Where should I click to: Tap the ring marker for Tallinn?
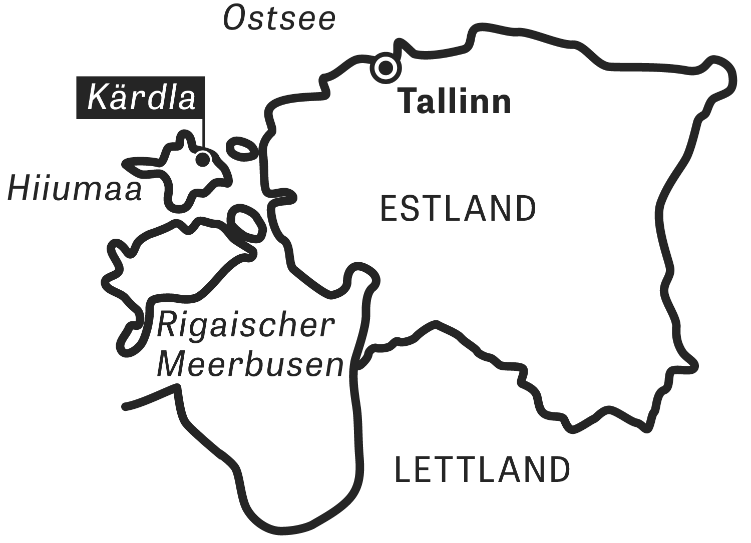(x=386, y=68)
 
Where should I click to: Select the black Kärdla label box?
(x=141, y=98)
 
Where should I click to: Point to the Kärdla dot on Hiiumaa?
(x=202, y=159)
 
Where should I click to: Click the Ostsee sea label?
(x=279, y=19)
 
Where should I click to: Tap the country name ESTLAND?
(x=458, y=209)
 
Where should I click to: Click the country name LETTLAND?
(x=483, y=469)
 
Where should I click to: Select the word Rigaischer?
(x=245, y=325)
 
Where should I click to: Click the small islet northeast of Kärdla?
(x=242, y=148)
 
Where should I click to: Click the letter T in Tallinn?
(x=409, y=102)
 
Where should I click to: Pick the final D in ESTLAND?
(x=524, y=209)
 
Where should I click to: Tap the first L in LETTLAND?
(x=404, y=469)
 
